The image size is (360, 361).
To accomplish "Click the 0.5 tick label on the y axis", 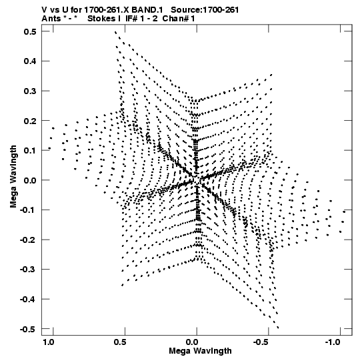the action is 30,31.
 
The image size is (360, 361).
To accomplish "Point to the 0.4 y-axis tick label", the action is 30,61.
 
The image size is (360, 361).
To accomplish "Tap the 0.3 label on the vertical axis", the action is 30,91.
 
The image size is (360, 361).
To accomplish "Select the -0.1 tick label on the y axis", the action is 28,210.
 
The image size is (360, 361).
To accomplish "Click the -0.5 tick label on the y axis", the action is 28,329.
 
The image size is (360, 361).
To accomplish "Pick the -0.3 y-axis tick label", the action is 28,270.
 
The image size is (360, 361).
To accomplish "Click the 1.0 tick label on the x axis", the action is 49,342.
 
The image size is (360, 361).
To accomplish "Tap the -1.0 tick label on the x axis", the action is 333,342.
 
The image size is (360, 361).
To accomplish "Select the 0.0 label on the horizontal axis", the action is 192,342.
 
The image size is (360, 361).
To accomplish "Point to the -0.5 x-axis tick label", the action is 261,342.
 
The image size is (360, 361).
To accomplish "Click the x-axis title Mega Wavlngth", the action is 200,351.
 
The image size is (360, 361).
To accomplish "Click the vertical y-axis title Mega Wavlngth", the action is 13,177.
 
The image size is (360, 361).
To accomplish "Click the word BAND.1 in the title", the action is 147,10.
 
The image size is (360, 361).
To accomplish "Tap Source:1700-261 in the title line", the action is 205,10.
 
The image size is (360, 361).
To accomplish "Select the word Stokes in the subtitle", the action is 101,19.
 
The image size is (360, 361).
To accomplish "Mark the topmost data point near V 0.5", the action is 115,32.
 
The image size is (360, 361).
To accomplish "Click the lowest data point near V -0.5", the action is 278,328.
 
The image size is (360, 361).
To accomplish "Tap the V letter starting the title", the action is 44,10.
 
